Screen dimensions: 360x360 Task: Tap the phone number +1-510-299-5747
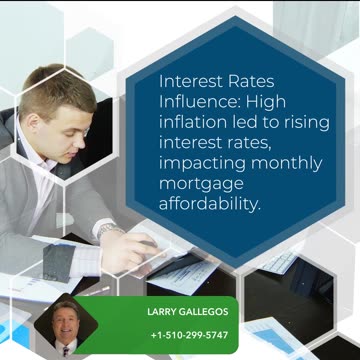pos(188,335)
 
